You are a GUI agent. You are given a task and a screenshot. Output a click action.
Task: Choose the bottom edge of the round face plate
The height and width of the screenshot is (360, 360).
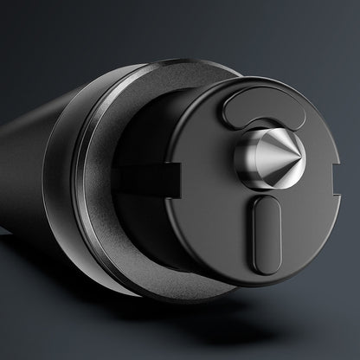click(x=260, y=285)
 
